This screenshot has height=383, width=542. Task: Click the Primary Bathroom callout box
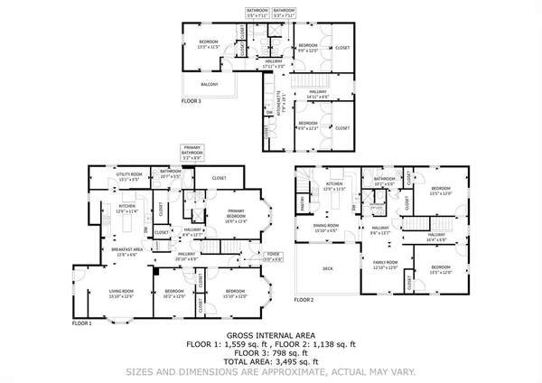click(x=192, y=153)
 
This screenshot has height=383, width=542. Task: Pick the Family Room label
click(x=386, y=265)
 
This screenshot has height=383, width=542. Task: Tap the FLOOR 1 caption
click(x=82, y=322)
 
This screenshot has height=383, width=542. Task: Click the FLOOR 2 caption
click(x=304, y=299)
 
